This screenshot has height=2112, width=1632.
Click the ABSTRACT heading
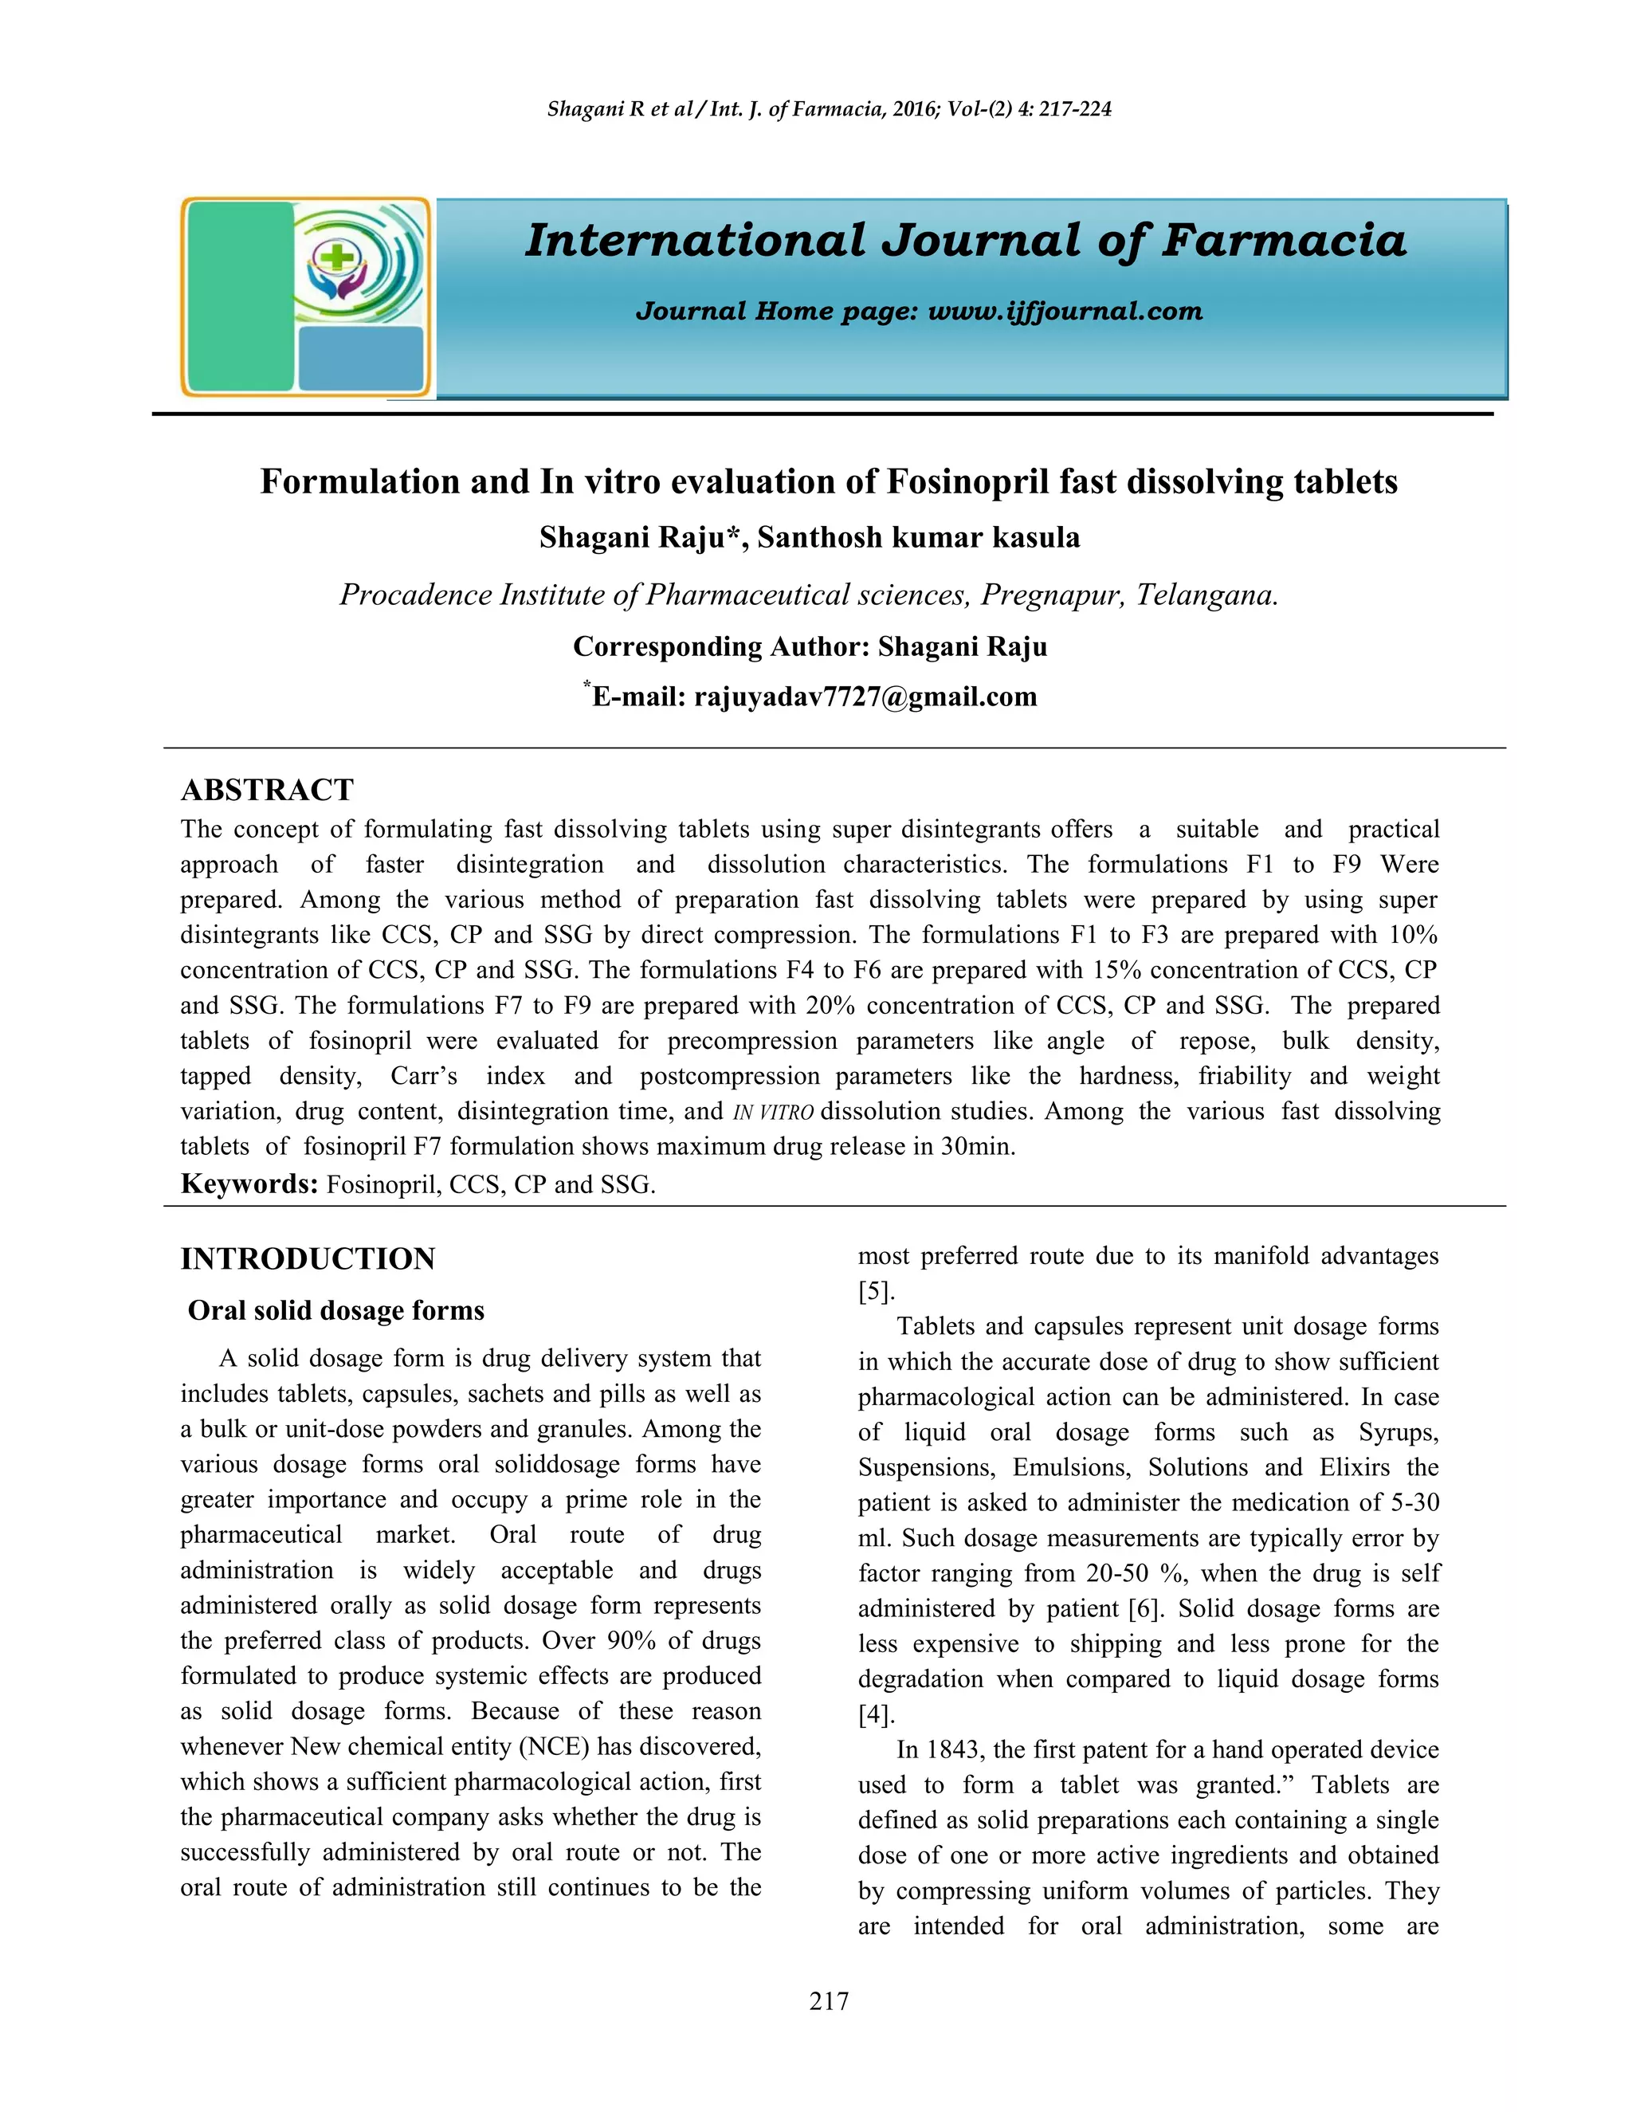tap(267, 790)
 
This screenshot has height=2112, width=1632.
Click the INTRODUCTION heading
tap(308, 1259)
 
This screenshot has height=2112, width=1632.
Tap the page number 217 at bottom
tap(829, 2000)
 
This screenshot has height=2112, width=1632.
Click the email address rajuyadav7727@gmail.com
tap(865, 697)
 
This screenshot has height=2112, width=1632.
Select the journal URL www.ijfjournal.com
tap(1065, 312)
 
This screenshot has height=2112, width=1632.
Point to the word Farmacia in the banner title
tap(1283, 241)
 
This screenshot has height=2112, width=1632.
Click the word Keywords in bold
tap(249, 1184)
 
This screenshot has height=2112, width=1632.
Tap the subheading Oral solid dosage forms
tap(335, 1310)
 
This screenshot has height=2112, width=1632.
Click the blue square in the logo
tap(361, 358)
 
